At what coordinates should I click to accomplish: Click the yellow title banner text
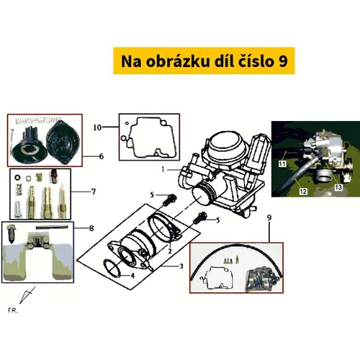click(204, 61)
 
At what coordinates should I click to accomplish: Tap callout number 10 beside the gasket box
click(97, 127)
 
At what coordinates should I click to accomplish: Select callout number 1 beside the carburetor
click(163, 169)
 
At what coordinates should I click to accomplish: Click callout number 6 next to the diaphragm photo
click(102, 156)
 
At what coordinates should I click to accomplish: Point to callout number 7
click(94, 192)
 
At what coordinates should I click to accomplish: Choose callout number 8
click(91, 228)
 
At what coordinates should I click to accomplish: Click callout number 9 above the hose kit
click(269, 217)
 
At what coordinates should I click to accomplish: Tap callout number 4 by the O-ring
click(132, 276)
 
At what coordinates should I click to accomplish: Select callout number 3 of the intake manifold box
click(181, 266)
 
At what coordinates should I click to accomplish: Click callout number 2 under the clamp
click(170, 251)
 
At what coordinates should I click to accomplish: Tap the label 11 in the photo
click(282, 164)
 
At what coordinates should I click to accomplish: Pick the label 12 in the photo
click(303, 192)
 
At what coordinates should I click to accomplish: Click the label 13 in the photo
click(338, 187)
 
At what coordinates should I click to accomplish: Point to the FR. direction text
click(13, 310)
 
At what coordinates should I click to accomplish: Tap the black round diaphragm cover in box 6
click(63, 145)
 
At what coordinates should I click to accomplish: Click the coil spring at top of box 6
click(38, 120)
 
